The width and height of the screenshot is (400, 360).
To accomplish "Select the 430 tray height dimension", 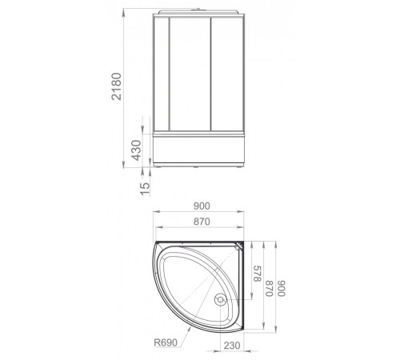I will (138, 150).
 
